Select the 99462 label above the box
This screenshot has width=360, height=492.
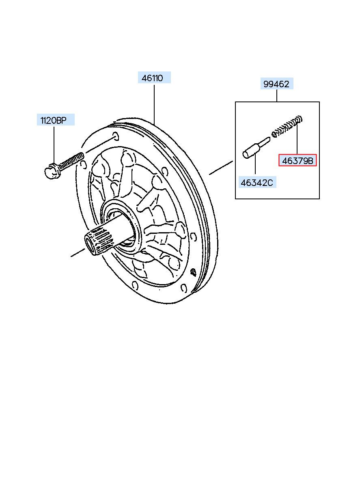(x=276, y=84)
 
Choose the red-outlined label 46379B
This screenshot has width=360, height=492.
(x=297, y=161)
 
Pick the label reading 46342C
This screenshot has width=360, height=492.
(x=257, y=182)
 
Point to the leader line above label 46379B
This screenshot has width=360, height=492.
(x=297, y=140)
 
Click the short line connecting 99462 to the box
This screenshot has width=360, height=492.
(x=277, y=96)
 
